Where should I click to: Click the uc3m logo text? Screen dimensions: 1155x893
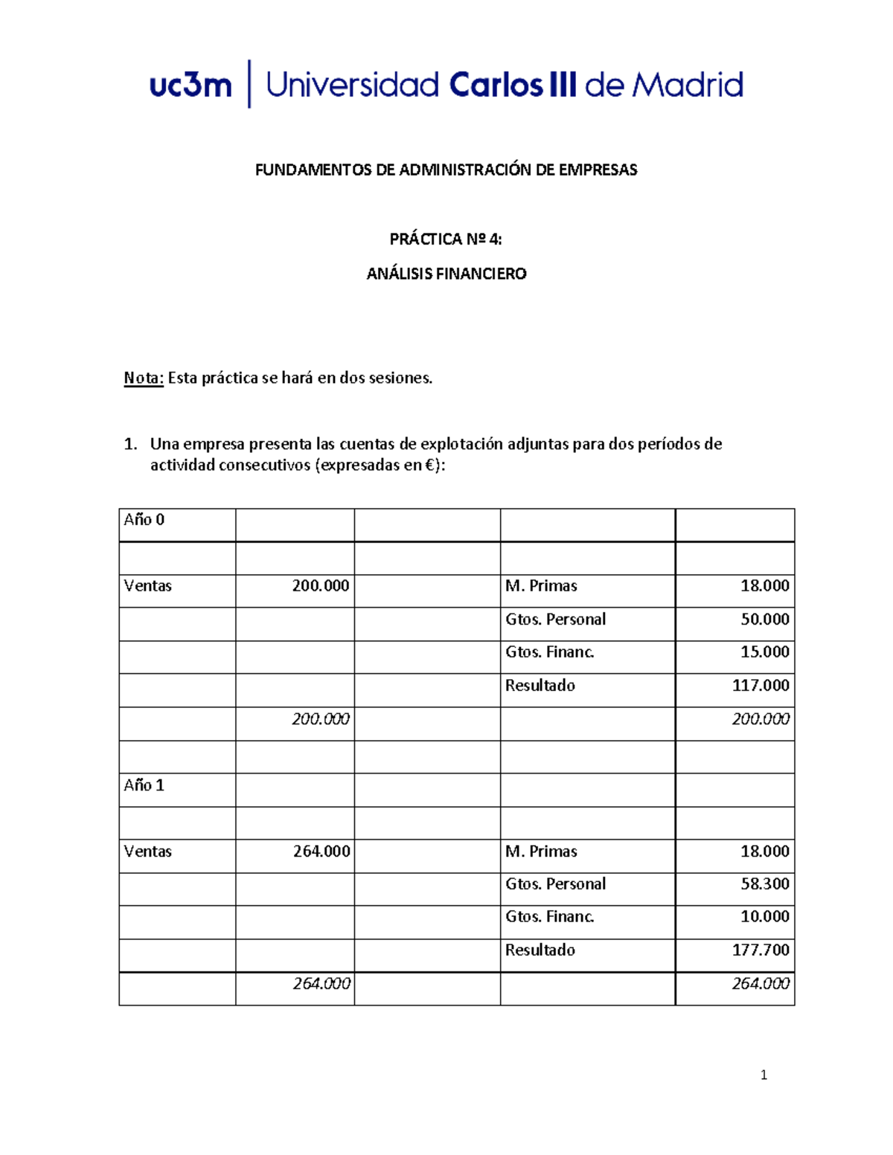[x=191, y=85]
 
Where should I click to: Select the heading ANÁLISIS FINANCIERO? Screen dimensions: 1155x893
[x=446, y=274]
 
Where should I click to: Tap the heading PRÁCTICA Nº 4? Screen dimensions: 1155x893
[x=446, y=239]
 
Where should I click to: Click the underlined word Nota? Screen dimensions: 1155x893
[x=144, y=378]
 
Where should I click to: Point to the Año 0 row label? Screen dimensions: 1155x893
[x=144, y=520]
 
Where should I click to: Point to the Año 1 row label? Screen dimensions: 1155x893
[x=144, y=785]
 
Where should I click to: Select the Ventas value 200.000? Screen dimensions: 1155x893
[x=321, y=586]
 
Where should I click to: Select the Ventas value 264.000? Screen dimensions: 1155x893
[x=321, y=852]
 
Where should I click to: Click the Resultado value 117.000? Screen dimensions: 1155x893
[x=761, y=686]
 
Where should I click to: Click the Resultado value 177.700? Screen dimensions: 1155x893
[x=761, y=950]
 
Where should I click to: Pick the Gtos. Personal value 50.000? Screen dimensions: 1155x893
[x=765, y=620]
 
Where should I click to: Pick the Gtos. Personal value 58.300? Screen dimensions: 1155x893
[x=765, y=884]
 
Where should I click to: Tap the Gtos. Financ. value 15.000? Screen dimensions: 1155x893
[x=765, y=652]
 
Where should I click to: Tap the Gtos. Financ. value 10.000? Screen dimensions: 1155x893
[x=765, y=917]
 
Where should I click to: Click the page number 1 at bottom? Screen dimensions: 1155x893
[x=764, y=1075]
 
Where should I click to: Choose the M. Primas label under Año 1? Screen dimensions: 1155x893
[x=541, y=852]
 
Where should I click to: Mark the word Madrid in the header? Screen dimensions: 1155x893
[x=688, y=85]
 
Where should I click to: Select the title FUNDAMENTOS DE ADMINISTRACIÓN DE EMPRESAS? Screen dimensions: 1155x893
[x=446, y=170]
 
